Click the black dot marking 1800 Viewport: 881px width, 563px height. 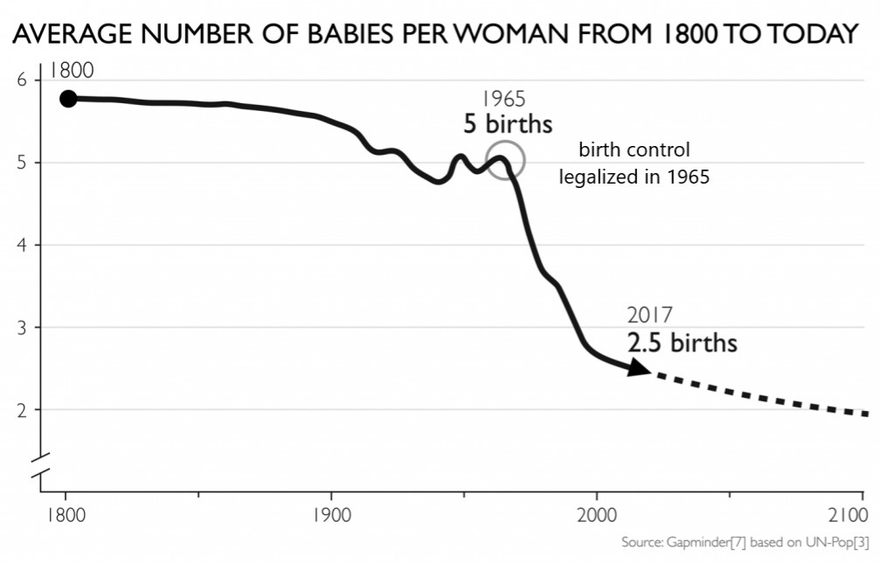click(67, 99)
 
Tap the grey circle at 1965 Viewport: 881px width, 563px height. click(504, 161)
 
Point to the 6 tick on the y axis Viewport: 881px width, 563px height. click(24, 80)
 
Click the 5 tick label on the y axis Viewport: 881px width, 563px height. click(24, 163)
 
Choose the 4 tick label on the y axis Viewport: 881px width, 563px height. click(24, 245)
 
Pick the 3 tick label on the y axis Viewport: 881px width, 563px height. click(24, 327)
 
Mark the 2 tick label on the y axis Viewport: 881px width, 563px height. click(24, 409)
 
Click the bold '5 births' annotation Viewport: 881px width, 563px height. click(507, 124)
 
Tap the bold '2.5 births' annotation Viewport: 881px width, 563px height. click(682, 342)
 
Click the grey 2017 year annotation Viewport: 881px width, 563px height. click(650, 316)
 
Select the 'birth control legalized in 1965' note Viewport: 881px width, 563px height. click(634, 163)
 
